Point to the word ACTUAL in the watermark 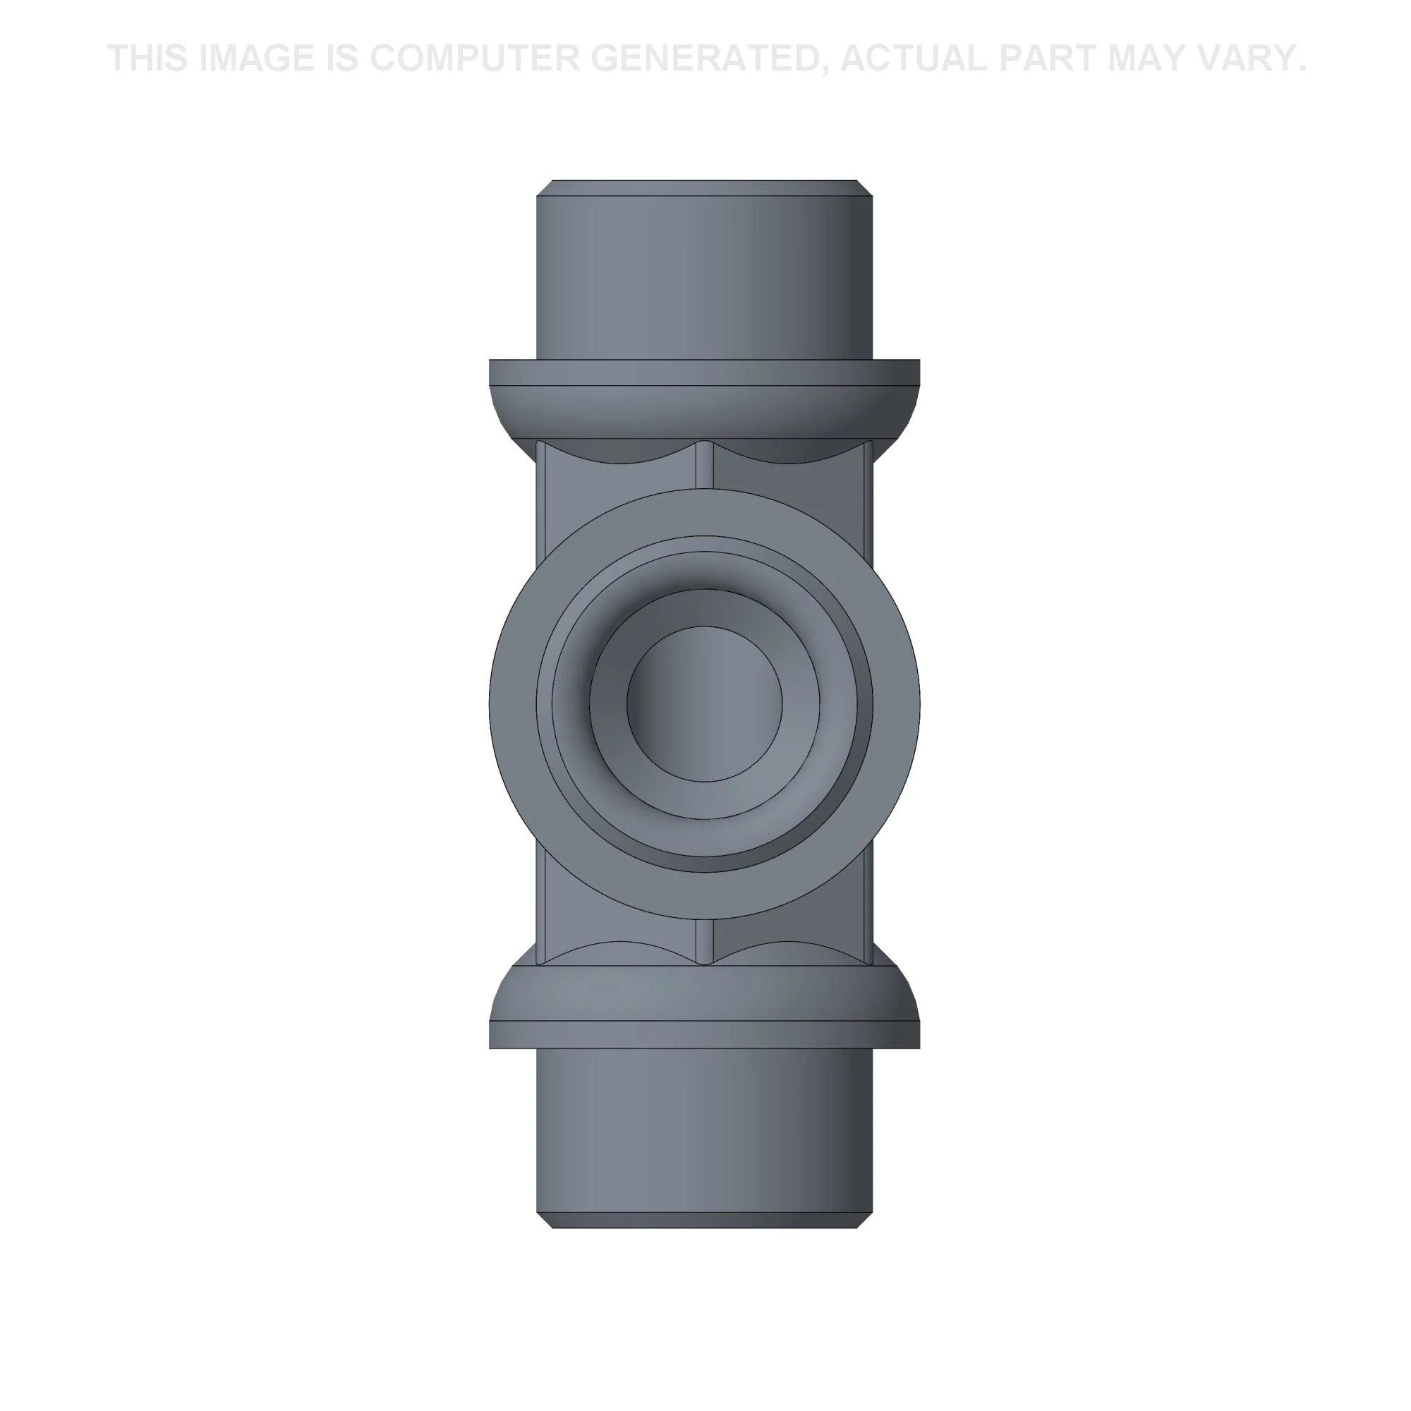click(x=914, y=59)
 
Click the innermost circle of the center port click(x=705, y=704)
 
